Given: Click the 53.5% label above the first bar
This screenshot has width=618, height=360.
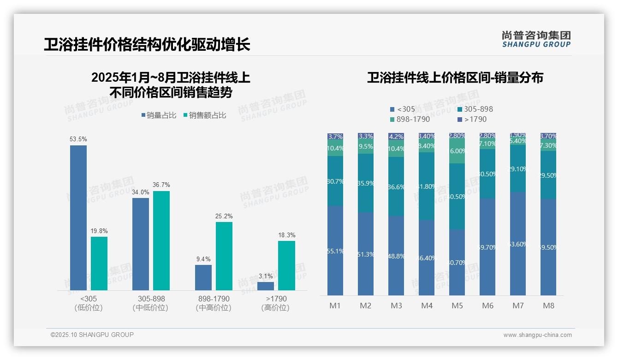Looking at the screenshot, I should tap(78, 139).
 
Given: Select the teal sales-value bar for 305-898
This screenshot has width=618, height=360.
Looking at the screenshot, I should tap(161, 240).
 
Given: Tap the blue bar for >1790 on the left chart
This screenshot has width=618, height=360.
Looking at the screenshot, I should tap(266, 286).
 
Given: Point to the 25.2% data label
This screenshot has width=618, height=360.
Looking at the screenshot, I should tap(224, 216).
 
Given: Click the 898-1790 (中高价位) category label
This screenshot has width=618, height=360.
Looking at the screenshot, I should tap(213, 303).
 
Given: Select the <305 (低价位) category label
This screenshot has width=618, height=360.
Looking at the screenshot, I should tap(88, 303).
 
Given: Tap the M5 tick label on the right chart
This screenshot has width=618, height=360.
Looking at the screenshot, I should tap(457, 306).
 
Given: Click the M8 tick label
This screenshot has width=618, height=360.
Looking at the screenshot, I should tap(548, 306).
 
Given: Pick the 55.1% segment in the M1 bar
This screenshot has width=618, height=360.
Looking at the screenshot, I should tap(335, 251).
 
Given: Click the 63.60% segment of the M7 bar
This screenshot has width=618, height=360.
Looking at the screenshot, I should tap(518, 244).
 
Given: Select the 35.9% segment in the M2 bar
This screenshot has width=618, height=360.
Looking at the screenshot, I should tap(366, 183).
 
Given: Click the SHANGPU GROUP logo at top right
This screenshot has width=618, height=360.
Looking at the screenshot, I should tap(536, 39).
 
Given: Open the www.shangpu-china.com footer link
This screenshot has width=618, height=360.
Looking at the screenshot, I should tap(537, 335).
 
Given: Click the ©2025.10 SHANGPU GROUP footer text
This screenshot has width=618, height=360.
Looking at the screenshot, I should tap(92, 335).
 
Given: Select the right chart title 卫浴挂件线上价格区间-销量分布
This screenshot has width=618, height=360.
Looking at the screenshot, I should tap(455, 78).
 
